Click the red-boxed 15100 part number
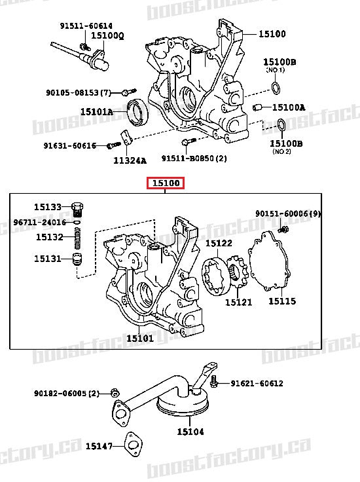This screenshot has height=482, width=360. [x=166, y=183]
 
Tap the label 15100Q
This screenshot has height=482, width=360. [x=107, y=35]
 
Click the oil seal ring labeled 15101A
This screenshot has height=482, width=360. [x=137, y=112]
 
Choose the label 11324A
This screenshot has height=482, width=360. [x=131, y=160]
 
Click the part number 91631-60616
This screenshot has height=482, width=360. [x=70, y=145]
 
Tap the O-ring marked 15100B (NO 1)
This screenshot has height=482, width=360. [x=276, y=88]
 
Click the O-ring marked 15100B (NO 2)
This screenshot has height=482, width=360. [x=279, y=125]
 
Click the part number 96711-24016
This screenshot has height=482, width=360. [x=39, y=222]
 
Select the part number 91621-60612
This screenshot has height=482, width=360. [x=257, y=383]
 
